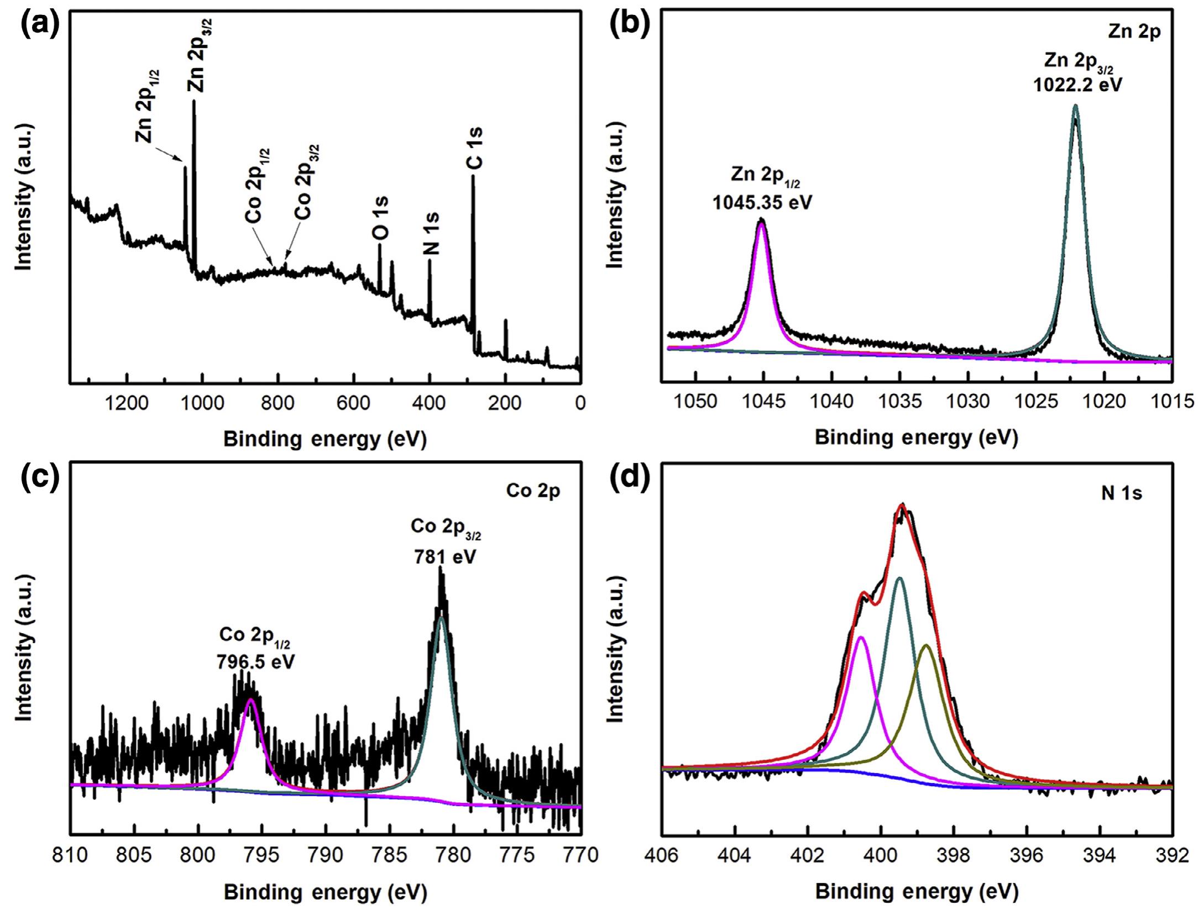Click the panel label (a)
(x=39, y=25)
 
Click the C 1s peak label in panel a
(x=474, y=148)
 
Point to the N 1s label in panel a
(x=431, y=234)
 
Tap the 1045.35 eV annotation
(x=762, y=203)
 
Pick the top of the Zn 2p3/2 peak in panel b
(x=1075, y=106)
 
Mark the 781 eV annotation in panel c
(x=444, y=557)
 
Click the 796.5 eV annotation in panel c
(x=255, y=661)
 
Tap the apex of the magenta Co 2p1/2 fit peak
(x=251, y=700)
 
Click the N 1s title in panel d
(x=1121, y=493)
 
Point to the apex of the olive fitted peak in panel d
(x=927, y=645)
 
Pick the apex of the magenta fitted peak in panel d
(x=861, y=638)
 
